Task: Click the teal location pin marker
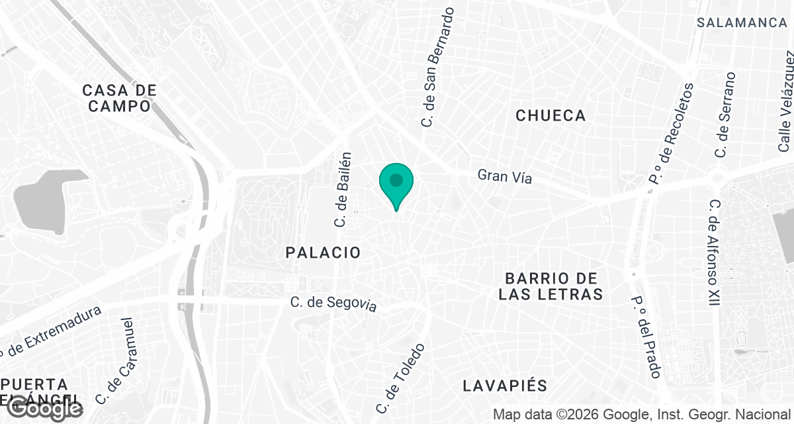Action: point(396,182)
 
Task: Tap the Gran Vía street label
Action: point(505,176)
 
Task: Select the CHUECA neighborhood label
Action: point(551,116)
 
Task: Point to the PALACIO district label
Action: point(324,252)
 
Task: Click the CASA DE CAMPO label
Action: point(120,98)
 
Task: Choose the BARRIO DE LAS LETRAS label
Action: point(551,286)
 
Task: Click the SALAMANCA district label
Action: point(742,23)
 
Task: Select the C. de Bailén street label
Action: point(342,189)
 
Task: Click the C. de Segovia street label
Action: point(333,303)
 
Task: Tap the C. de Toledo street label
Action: point(400,378)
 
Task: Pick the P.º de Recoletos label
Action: point(671,132)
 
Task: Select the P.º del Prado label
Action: point(647,336)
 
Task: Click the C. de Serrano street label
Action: point(725,115)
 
